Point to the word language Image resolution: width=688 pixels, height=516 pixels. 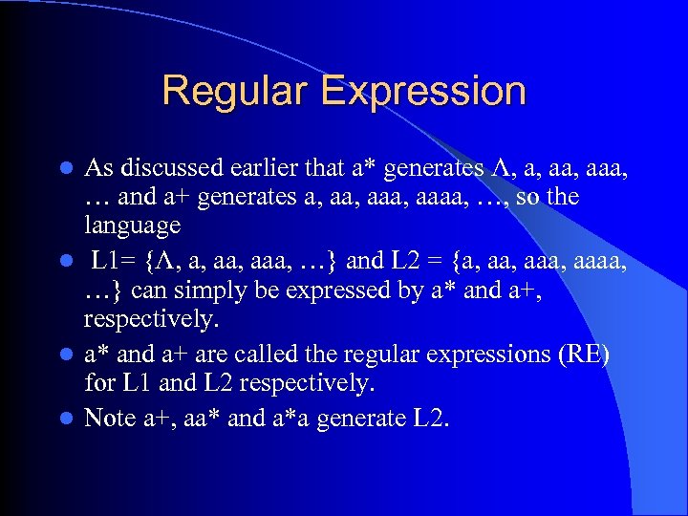coord(132,226)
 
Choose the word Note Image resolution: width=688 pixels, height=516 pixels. coord(110,418)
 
